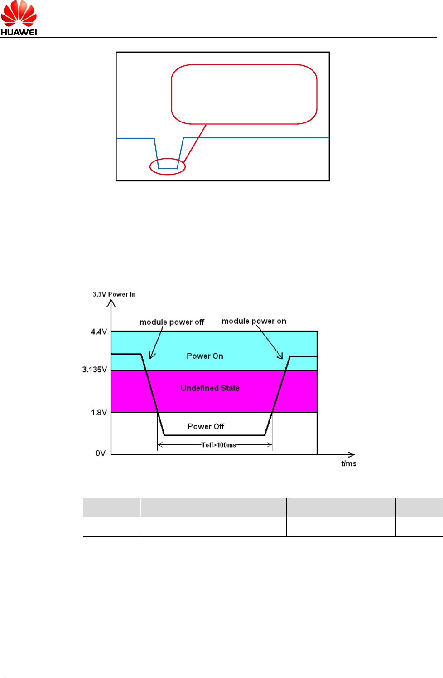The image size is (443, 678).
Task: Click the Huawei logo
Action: pos(19,18)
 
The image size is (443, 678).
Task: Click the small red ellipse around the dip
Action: pos(168,166)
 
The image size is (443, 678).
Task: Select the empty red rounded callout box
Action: pos(244,94)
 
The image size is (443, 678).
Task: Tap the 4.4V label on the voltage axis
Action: pos(99,332)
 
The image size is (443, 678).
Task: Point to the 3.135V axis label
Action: pos(94,370)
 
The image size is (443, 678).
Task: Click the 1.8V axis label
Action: pos(99,413)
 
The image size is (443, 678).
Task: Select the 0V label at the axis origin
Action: pos(101,453)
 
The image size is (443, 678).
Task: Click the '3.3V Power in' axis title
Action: pos(114,294)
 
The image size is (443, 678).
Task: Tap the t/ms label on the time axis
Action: pos(349,463)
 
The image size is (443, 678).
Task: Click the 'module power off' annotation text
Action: pos(172,322)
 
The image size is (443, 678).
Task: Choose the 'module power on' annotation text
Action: pos(254,321)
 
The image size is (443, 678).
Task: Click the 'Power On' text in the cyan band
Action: pos(205,356)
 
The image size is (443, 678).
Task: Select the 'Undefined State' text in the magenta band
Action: pos(210,388)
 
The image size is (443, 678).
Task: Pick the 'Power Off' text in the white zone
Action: pos(206,427)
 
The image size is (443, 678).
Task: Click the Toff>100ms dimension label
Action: pos(219,445)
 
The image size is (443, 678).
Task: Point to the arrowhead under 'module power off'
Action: pos(152,356)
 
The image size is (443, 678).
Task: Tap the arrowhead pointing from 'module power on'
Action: pos(281,356)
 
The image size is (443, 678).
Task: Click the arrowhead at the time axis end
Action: pos(352,454)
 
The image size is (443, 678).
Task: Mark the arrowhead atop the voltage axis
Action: pos(111,302)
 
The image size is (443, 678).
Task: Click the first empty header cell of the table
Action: pos(111,507)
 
